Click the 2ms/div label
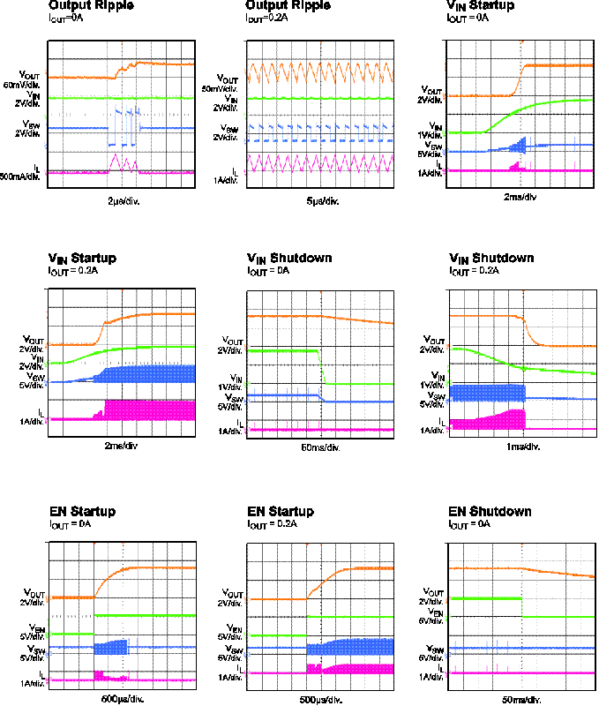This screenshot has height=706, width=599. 120,447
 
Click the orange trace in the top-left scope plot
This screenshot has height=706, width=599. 159,63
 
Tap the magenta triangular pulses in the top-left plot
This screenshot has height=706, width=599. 118,163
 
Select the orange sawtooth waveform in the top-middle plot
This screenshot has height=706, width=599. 318,71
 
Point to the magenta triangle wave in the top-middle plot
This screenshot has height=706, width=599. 318,163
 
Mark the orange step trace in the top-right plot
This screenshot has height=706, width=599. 556,65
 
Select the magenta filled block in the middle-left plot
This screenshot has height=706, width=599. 150,409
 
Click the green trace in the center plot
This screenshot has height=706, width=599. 282,351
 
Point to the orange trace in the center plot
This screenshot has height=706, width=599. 282,315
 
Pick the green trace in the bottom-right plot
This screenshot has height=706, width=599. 485,598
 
